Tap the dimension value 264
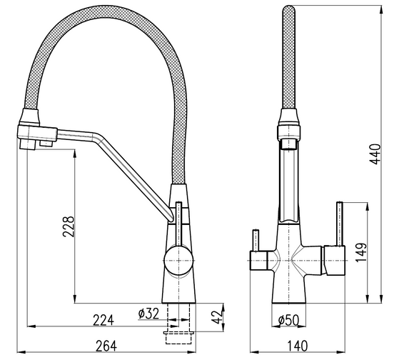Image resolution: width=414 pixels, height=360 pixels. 106,346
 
